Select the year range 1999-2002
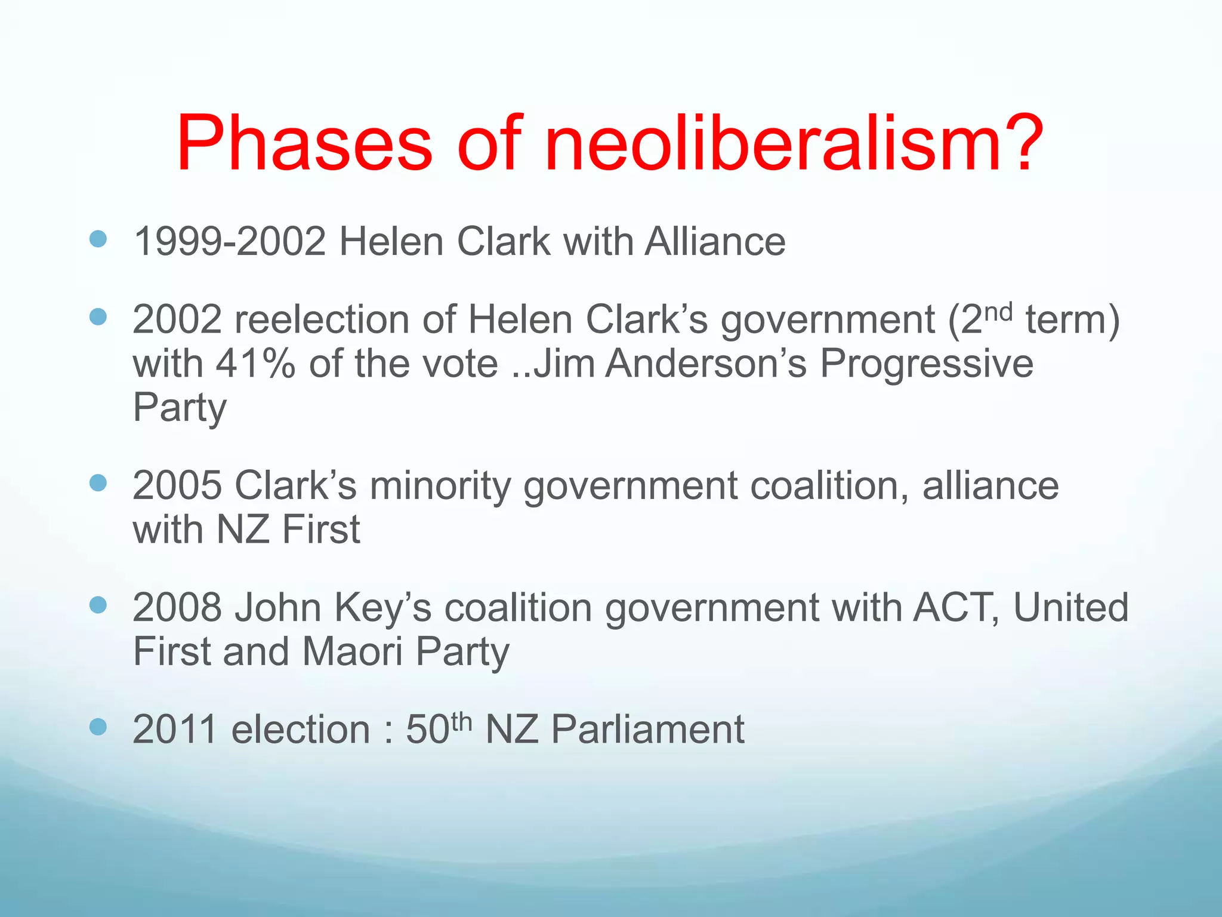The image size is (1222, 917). (230, 242)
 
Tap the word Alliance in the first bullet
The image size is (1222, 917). (715, 242)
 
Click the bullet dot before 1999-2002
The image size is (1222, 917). (98, 239)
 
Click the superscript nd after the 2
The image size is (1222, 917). (997, 311)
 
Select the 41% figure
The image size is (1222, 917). (256, 364)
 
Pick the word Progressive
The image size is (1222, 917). (926, 364)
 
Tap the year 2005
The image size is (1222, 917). (177, 485)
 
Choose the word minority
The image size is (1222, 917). (440, 485)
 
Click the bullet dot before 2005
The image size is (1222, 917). (98, 482)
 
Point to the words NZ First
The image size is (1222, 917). (288, 530)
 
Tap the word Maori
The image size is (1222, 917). (352, 651)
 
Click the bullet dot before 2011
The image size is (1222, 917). (98, 727)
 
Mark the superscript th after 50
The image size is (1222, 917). (461, 721)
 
